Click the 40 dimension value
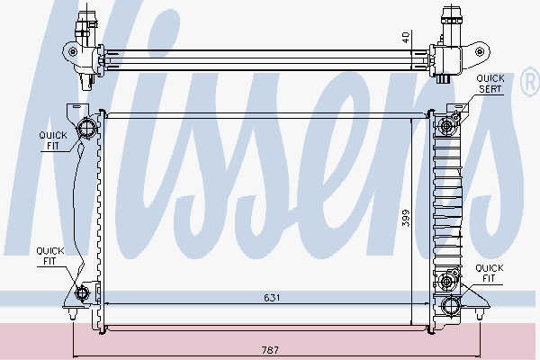[405, 39]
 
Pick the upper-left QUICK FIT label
[51, 140]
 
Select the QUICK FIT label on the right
[489, 274]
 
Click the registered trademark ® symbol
[528, 83]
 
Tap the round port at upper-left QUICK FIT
[87, 128]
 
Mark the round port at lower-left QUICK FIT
[85, 292]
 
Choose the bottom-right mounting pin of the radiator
[479, 315]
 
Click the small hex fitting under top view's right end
[446, 78]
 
